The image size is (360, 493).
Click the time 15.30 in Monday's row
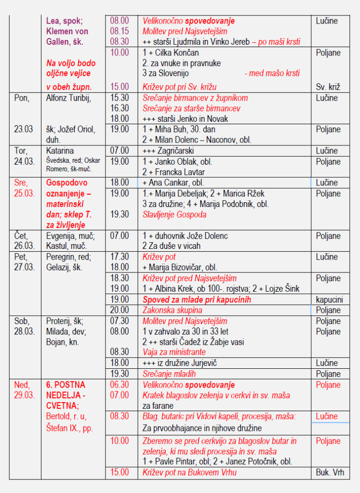[120, 98]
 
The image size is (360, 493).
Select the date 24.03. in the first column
[24, 161]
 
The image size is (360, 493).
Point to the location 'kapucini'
[330, 299]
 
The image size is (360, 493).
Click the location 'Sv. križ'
[328, 87]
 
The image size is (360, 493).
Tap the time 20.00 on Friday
[120, 310]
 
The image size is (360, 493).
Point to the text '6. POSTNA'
[66, 385]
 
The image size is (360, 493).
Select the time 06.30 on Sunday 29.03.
[120, 385]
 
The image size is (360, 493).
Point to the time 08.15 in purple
[120, 31]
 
